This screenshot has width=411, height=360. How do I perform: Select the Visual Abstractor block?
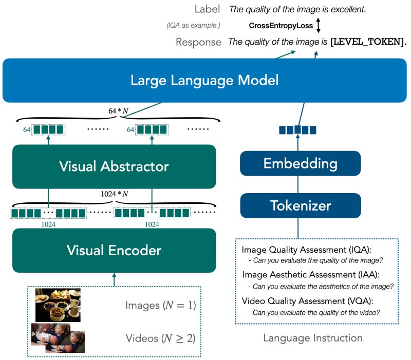click(114, 166)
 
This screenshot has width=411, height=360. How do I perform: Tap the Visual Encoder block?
click(114, 251)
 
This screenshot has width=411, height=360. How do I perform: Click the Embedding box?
click(301, 164)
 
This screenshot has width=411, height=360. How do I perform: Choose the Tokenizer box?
click(301, 206)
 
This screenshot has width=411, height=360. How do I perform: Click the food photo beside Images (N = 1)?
click(58, 305)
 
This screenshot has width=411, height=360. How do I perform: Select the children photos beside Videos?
click(58, 337)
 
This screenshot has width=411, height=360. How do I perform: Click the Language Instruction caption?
click(312, 338)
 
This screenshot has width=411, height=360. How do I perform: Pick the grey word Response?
click(198, 42)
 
